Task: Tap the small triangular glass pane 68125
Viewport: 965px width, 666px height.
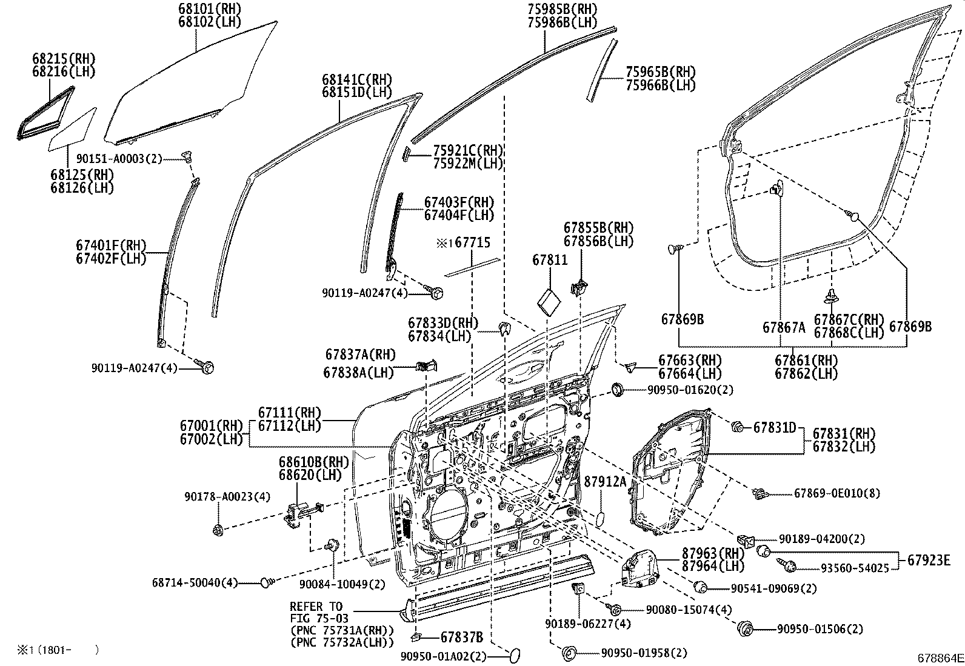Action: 73,129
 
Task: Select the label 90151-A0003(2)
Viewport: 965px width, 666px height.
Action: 119,159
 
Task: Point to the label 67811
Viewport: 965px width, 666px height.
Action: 550,260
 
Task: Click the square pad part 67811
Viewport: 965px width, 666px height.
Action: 550,301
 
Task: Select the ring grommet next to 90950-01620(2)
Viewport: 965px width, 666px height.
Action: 618,389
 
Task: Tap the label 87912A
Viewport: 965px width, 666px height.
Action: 604,482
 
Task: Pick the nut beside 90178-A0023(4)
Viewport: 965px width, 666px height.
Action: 218,531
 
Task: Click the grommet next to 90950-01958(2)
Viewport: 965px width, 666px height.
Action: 569,653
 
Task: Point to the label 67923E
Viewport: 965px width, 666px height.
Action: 928,560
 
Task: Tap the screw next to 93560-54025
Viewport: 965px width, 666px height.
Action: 790,567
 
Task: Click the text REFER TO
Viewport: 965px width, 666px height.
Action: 316,607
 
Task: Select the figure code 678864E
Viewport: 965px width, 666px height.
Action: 939,658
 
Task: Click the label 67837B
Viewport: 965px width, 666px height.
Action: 461,637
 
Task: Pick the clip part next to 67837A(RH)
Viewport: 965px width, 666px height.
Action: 429,365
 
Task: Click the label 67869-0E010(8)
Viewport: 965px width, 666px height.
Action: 836,494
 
